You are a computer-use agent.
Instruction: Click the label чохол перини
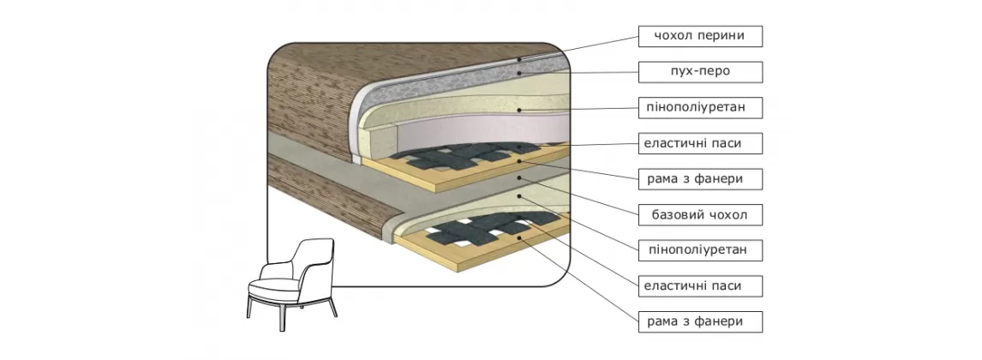point(699,36)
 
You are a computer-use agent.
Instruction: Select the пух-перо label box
point(699,71)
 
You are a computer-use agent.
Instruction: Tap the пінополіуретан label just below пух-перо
point(699,107)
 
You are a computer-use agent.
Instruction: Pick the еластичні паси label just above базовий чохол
point(699,143)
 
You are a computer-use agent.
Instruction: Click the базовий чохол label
point(699,214)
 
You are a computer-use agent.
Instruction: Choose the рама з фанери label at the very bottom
point(699,321)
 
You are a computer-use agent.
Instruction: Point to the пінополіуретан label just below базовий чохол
point(699,250)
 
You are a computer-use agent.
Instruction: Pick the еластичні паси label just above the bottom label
point(699,285)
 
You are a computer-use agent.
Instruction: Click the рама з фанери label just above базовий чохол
point(699,179)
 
